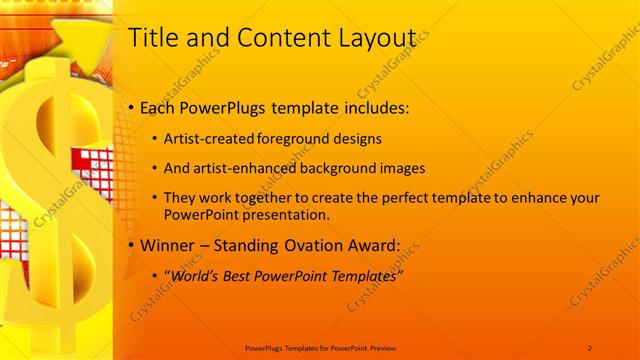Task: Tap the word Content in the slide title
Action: [274, 38]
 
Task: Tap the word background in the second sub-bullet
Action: [342, 168]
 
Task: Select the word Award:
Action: [381, 245]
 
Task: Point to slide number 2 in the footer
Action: [590, 347]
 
